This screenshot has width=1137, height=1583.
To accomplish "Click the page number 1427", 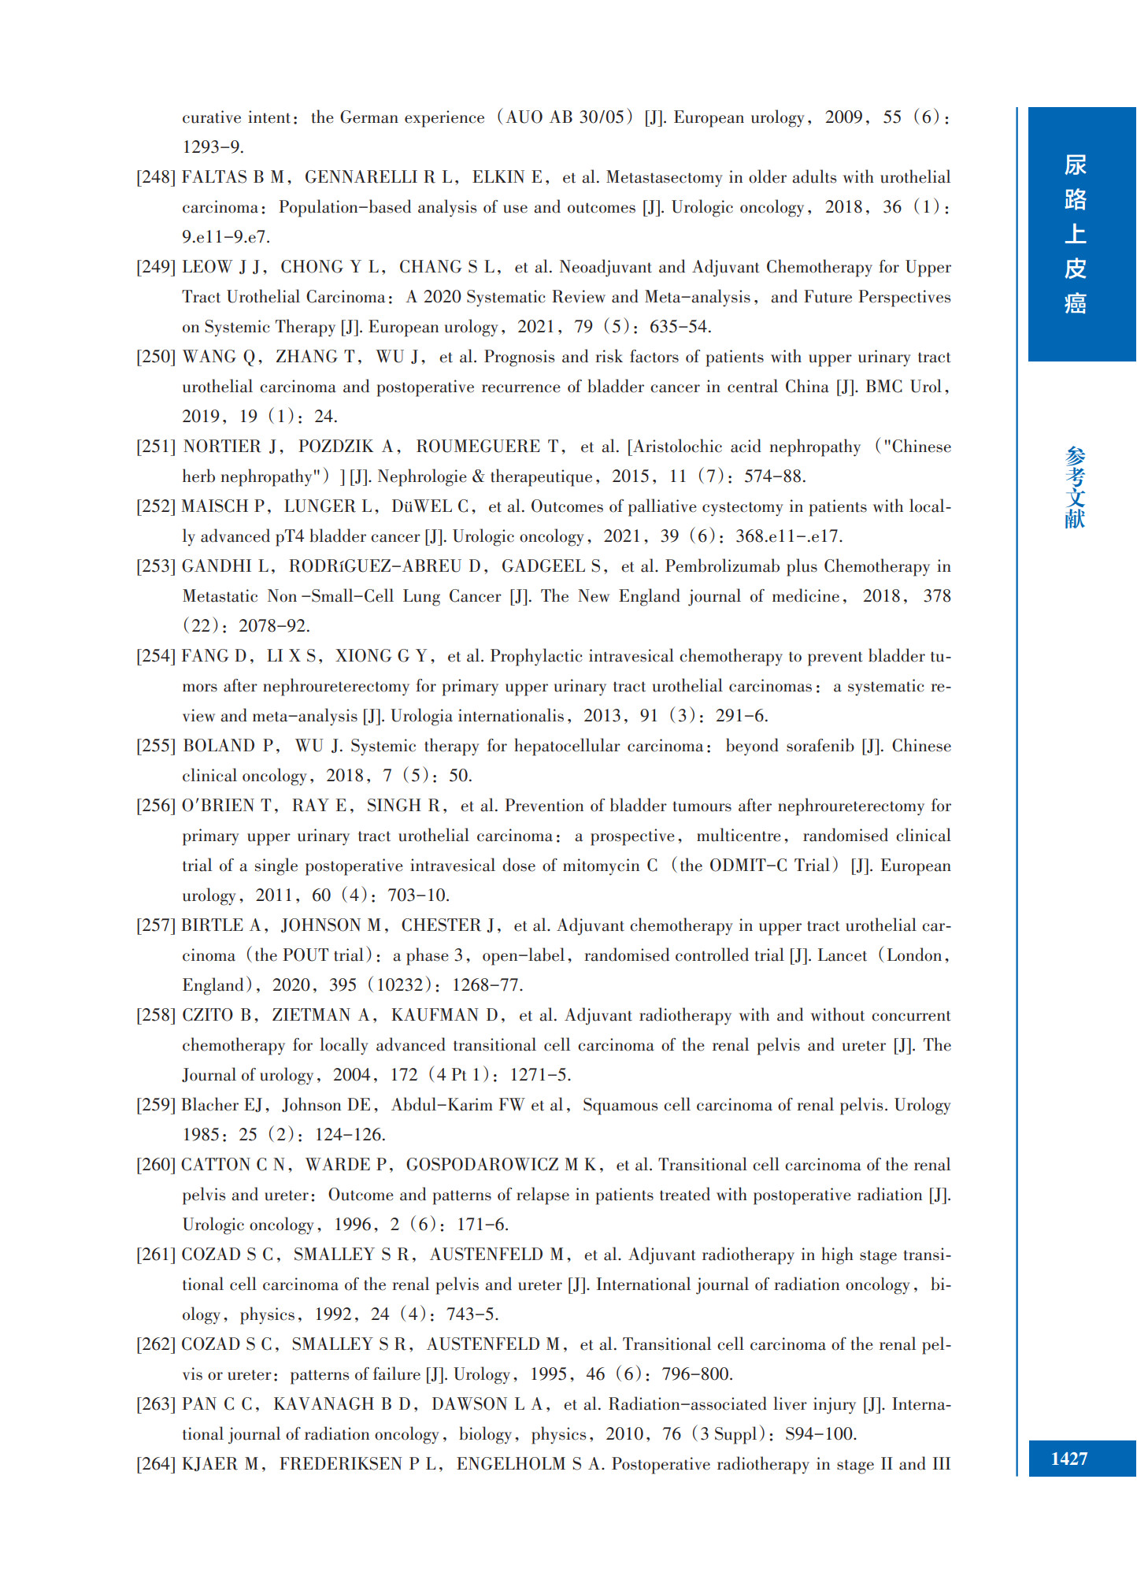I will [1068, 1459].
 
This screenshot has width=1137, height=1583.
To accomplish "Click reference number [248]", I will [155, 177].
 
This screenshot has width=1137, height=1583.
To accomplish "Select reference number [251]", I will [155, 447].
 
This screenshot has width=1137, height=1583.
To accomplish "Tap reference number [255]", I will [155, 746].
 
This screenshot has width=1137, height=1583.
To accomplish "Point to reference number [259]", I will [155, 1105].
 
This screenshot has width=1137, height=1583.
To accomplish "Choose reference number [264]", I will [155, 1464].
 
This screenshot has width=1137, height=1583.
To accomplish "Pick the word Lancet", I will [842, 955].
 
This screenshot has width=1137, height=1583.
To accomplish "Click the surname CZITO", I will [209, 1015].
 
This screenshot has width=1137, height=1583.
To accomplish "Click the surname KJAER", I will [210, 1464].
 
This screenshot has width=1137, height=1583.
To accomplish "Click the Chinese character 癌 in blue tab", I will [1075, 303].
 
